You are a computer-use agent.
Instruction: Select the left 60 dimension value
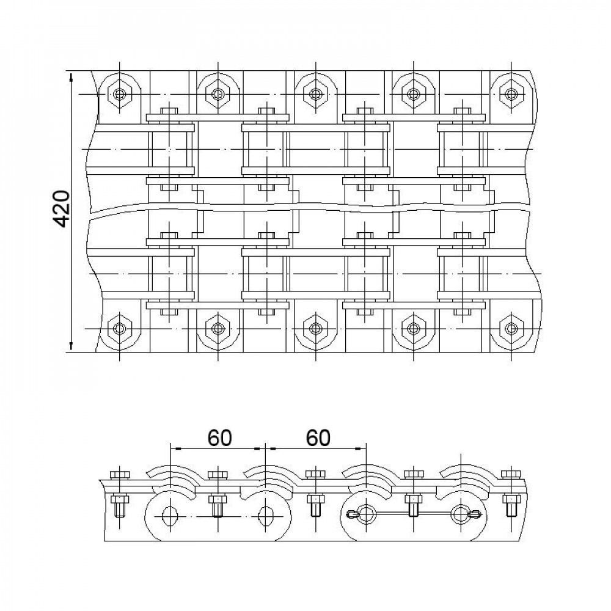pos(220,437)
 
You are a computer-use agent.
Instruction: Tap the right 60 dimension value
pos(318,437)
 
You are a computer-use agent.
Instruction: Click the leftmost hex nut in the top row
pos(120,94)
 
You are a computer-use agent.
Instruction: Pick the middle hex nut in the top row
pos(315,94)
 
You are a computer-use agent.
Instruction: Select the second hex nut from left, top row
pos(218,94)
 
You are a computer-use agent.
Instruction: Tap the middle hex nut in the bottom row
pos(315,328)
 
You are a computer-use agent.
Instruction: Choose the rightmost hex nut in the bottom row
pos(511,328)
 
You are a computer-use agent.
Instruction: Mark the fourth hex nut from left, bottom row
pos(413,328)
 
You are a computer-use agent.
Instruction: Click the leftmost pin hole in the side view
pos(169,515)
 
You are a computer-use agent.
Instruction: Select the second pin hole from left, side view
pos(266,515)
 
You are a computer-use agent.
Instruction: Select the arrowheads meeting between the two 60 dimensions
pos(266,448)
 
